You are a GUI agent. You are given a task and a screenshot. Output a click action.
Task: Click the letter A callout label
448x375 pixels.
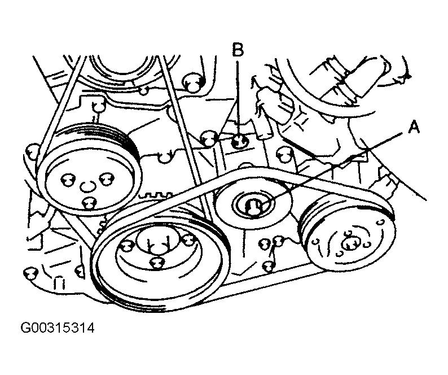(x=414, y=129)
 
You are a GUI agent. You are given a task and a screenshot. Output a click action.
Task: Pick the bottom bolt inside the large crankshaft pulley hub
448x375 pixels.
(x=158, y=262)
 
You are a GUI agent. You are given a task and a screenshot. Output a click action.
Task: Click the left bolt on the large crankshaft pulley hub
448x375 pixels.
(x=127, y=245)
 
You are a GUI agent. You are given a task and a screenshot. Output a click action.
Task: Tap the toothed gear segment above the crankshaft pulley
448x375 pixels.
(x=156, y=197)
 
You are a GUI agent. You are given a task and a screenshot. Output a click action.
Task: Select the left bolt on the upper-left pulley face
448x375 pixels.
(x=65, y=180)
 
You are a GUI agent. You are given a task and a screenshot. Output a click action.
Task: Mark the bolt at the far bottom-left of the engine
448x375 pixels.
(x=27, y=274)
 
